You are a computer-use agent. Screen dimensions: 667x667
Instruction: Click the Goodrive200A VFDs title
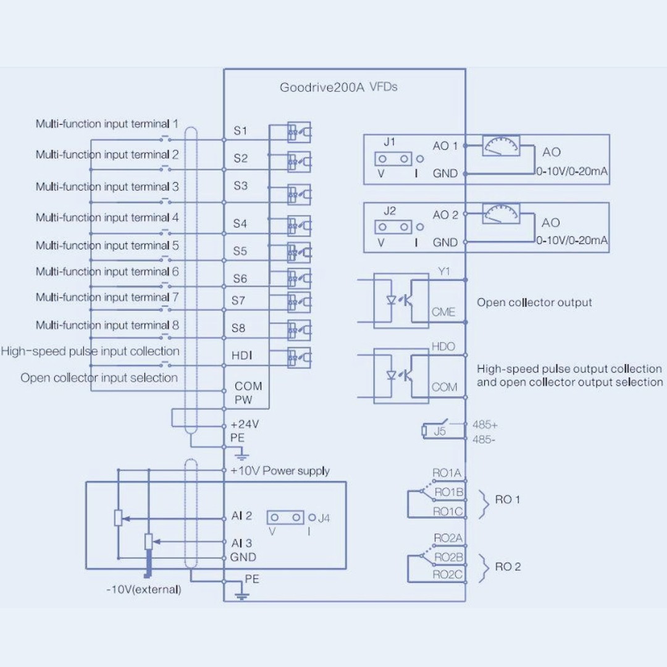[x=338, y=87]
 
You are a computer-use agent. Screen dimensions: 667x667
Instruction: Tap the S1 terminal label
[x=240, y=130]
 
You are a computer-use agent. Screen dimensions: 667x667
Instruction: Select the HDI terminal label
[x=241, y=355]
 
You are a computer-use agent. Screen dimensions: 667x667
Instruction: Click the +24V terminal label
[x=245, y=424]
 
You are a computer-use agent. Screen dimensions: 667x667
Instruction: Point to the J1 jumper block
[x=393, y=159]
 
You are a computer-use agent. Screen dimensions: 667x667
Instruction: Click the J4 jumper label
[x=324, y=518]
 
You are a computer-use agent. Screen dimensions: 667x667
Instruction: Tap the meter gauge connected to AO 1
[x=501, y=146]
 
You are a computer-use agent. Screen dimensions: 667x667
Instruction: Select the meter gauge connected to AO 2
[x=501, y=213]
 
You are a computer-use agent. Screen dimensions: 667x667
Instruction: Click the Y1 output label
[x=443, y=271]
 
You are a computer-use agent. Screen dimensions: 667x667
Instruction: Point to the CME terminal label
[x=443, y=312]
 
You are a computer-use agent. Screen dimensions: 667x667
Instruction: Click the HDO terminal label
[x=443, y=346]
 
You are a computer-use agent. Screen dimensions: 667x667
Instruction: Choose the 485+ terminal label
[x=485, y=424]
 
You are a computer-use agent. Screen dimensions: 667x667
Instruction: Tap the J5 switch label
[x=440, y=431]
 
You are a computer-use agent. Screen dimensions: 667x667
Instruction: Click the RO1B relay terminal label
[x=448, y=492]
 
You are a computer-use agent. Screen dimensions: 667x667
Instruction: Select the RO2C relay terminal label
[x=447, y=575]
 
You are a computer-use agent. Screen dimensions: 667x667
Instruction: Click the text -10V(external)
[x=144, y=590]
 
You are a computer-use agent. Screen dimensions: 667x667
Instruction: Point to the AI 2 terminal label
[x=241, y=516]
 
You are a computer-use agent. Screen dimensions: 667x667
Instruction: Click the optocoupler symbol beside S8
[x=299, y=330]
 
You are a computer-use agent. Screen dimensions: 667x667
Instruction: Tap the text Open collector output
[x=534, y=303]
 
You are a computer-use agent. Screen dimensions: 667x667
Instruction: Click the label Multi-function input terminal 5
[x=107, y=245]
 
